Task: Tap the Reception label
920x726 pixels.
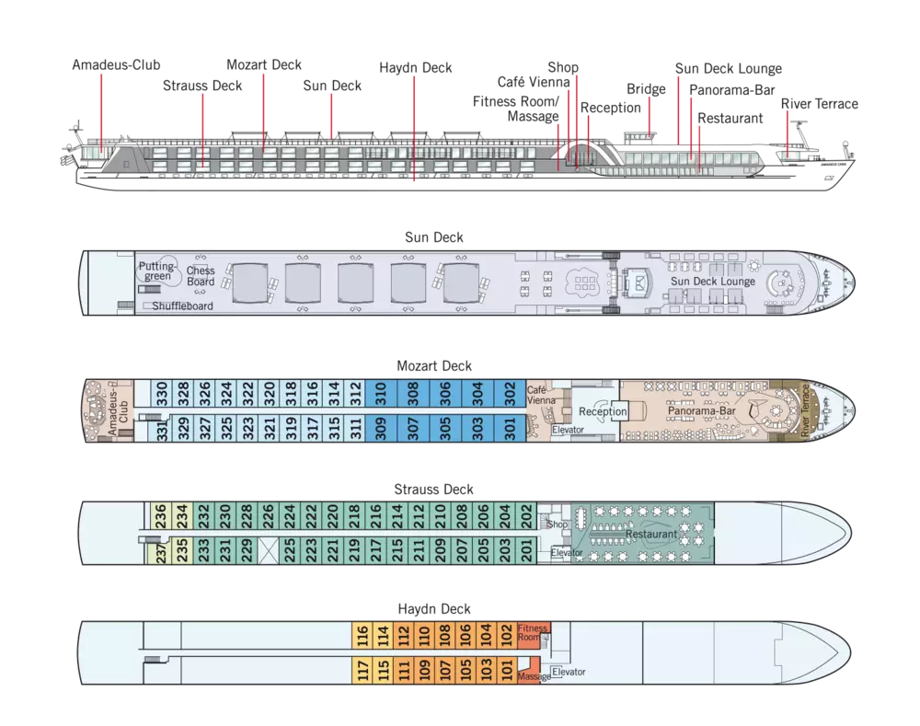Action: coord(604,412)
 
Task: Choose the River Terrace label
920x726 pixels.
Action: coord(808,412)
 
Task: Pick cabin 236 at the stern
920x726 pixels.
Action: coord(160,518)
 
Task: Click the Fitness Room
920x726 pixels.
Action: coord(533,633)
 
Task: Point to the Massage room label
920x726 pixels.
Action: coord(534,677)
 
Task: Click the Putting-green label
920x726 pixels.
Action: coord(156,271)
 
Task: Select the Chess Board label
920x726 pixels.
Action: coord(201,276)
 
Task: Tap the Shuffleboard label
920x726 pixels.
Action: coord(182,306)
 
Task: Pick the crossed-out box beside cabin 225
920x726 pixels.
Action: coord(269,549)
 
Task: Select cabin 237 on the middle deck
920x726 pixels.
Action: coord(160,551)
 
